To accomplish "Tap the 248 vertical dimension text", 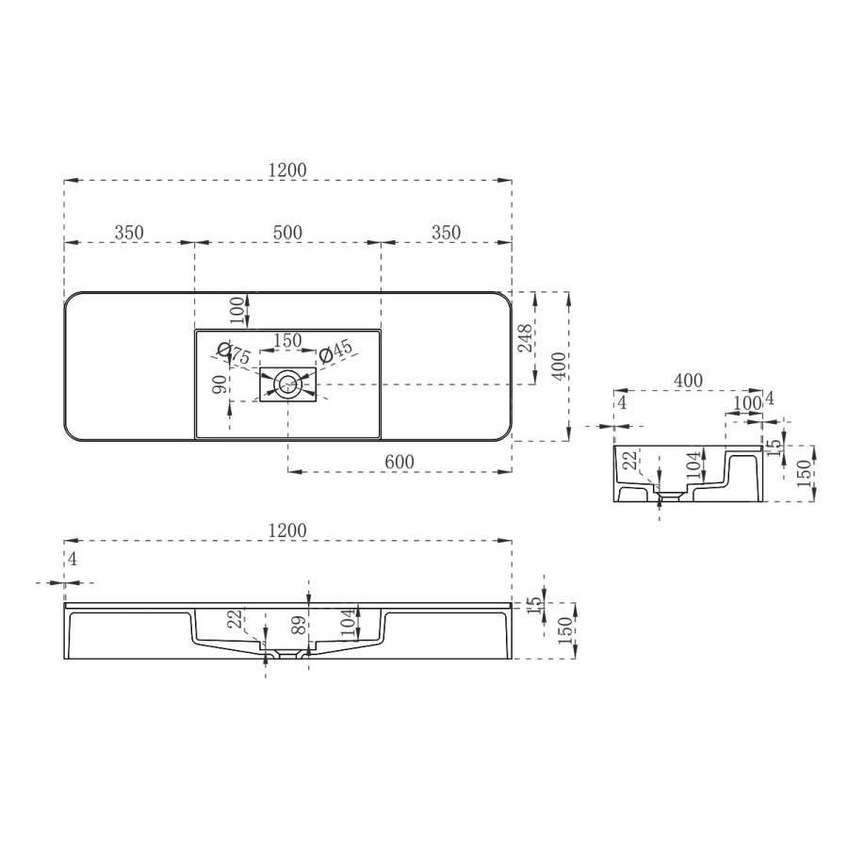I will pos(525,338).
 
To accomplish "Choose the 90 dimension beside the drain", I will pos(220,384).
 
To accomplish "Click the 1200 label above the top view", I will pos(287,170).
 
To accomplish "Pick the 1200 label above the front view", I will pos(287,531).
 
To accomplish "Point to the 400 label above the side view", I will pos(688,380).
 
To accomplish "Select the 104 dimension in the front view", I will pos(347,619).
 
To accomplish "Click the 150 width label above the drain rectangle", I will pos(287,340).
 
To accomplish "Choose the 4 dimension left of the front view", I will pos(72,559).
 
